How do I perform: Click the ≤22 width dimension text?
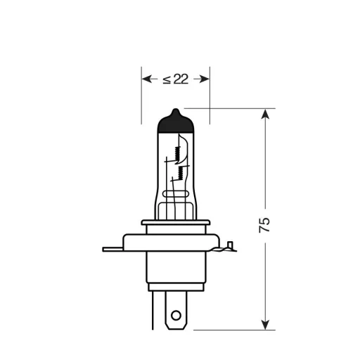176,79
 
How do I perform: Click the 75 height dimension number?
264,225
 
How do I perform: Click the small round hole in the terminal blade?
176,315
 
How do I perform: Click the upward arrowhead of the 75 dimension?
265,115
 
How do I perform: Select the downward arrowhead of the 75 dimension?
265,323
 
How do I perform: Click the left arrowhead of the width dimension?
146,79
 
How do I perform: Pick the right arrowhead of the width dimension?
205,79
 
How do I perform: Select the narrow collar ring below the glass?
176,223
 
